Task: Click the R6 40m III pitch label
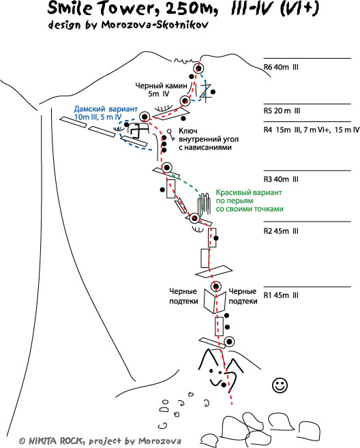pyautogui.click(x=281, y=67)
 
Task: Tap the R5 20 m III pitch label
pyautogui.click(x=282, y=111)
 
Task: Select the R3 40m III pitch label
pyautogui.click(x=281, y=179)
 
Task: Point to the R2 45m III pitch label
pyautogui.click(x=281, y=231)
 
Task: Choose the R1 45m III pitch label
pyautogui.click(x=281, y=295)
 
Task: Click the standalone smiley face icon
pyautogui.click(x=280, y=385)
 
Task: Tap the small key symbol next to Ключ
pyautogui.click(x=171, y=135)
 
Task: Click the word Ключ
pyautogui.click(x=188, y=131)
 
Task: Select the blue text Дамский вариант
pyautogui.click(x=106, y=109)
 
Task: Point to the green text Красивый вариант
pyautogui.click(x=249, y=192)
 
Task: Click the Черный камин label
pyautogui.click(x=161, y=85)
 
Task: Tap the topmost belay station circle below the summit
pyautogui.click(x=198, y=69)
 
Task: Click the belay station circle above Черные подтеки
pyautogui.click(x=216, y=286)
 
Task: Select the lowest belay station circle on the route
pyautogui.click(x=229, y=342)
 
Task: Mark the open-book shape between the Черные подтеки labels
pyautogui.click(x=214, y=301)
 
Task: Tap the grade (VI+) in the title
pyautogui.click(x=299, y=8)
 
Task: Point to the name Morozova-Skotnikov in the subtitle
pyautogui.click(x=155, y=25)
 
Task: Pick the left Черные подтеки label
pyautogui.click(x=183, y=297)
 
